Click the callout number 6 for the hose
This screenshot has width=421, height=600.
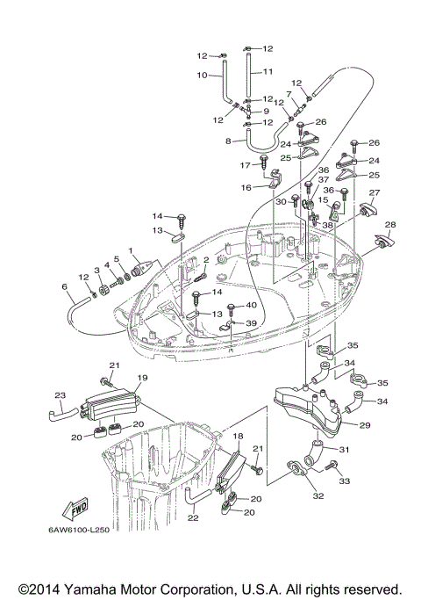coord(64,286)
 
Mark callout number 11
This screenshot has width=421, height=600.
coord(268,70)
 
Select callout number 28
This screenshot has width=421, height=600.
coord(390,225)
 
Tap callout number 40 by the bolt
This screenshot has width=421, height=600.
coord(252,305)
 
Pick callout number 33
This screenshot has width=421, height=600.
coord(344,481)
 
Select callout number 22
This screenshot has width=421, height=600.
coord(193,518)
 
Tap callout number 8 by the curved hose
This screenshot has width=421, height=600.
coord(229,141)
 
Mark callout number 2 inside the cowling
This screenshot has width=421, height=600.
coord(205,260)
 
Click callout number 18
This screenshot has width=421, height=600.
coord(238,436)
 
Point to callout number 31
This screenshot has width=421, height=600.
coord(345,451)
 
